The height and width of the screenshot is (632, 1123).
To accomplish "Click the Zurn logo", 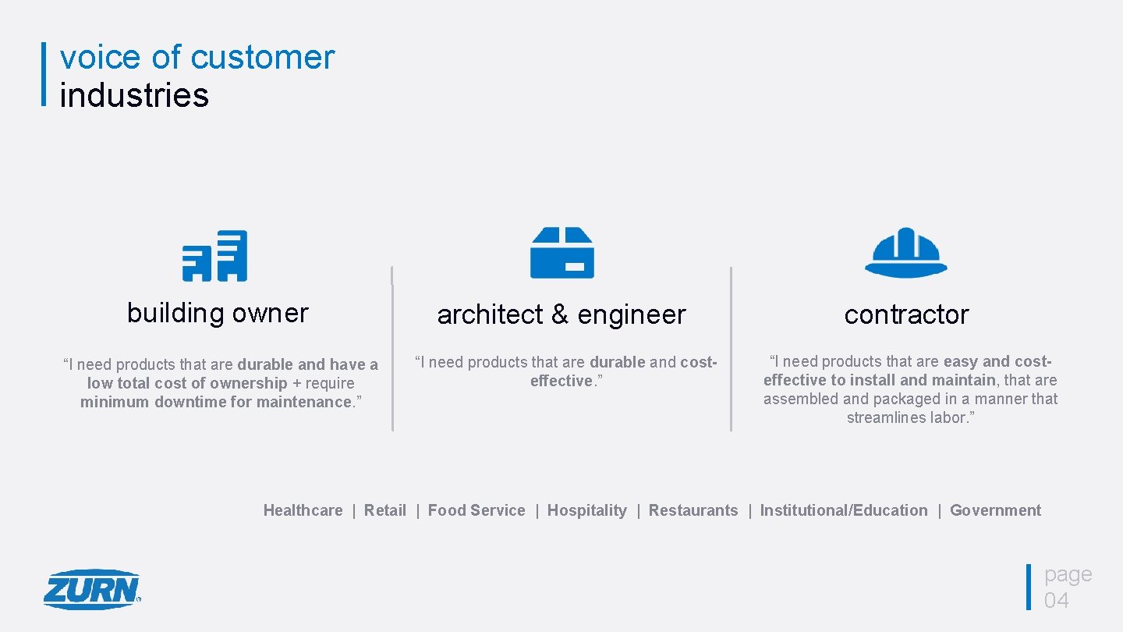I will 92,589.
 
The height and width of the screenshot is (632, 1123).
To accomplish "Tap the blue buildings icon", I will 214,255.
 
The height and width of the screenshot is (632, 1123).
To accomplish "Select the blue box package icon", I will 561,253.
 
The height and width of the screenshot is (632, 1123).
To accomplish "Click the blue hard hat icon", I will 905,252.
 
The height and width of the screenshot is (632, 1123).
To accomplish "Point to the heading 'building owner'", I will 218,313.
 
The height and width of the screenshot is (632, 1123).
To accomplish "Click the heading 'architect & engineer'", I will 561,314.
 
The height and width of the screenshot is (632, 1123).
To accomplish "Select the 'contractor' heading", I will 906,314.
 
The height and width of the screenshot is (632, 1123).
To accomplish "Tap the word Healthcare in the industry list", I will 303,510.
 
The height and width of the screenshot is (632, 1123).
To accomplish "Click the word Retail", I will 385,510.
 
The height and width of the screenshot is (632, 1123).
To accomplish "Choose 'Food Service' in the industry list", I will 476,510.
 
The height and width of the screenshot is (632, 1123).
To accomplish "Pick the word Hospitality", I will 586,510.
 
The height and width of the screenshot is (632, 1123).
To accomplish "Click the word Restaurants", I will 693,510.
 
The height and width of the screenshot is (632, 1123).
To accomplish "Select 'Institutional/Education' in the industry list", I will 844,510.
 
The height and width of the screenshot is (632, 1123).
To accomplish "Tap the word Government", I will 995,510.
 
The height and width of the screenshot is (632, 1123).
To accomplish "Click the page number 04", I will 1057,600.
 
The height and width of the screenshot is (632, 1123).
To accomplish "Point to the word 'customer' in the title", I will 262,58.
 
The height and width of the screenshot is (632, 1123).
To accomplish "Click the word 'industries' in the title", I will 134,95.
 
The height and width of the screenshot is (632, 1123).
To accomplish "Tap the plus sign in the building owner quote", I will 296,383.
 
